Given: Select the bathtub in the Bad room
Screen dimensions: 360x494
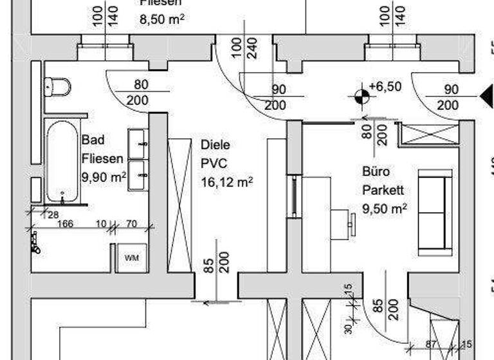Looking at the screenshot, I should pyautogui.click(x=62, y=161).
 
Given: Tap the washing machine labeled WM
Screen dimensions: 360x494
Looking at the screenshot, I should pyautogui.click(x=131, y=258).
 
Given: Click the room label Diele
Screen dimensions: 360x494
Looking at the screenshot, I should pyautogui.click(x=215, y=145).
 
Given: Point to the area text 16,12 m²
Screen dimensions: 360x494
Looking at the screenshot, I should pyautogui.click(x=226, y=182).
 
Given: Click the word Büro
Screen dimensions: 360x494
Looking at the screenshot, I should pyautogui.click(x=376, y=172).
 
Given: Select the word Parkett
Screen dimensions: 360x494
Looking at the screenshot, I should pyautogui.click(x=383, y=190).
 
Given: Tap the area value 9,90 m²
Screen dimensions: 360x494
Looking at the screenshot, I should pyautogui.click(x=104, y=175).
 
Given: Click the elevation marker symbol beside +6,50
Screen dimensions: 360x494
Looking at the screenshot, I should pyautogui.click(x=361, y=96).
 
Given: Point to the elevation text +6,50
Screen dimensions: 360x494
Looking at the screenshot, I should pyautogui.click(x=385, y=87).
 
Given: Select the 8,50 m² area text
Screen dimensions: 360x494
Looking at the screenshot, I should pyautogui.click(x=162, y=19).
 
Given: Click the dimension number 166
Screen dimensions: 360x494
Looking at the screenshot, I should pyautogui.click(x=66, y=224).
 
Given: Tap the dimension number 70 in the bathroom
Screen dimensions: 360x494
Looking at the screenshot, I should pyautogui.click(x=131, y=224).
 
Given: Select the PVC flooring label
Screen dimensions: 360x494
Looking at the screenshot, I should pyautogui.click(x=211, y=163).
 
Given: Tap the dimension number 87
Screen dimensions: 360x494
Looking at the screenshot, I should pyautogui.click(x=432, y=345).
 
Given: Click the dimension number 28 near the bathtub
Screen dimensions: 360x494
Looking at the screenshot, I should pyautogui.click(x=53, y=214).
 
